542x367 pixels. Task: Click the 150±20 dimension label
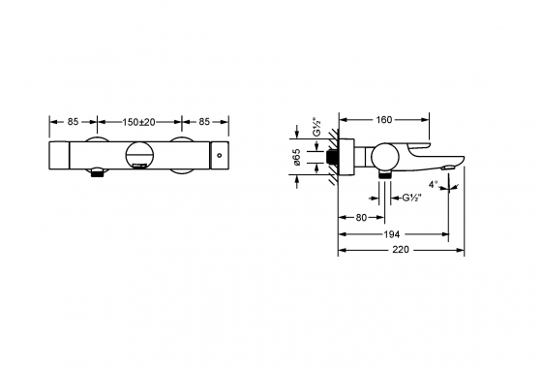(138, 122)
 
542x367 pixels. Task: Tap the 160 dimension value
(384, 120)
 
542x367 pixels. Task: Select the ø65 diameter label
(298, 156)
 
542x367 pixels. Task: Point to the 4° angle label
(434, 184)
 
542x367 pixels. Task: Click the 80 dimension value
(361, 218)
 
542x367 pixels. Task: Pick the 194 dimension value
(392, 234)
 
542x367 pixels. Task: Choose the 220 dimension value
(401, 250)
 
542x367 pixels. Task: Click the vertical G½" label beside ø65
(316, 128)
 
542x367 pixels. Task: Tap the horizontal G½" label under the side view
(411, 198)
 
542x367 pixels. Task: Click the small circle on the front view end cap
(220, 155)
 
